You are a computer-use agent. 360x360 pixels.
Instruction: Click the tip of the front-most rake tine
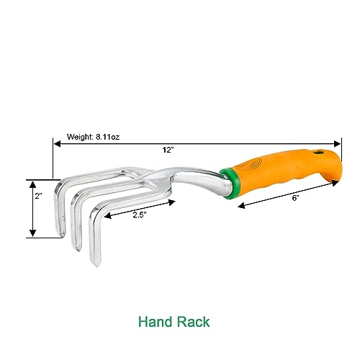(92, 264)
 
